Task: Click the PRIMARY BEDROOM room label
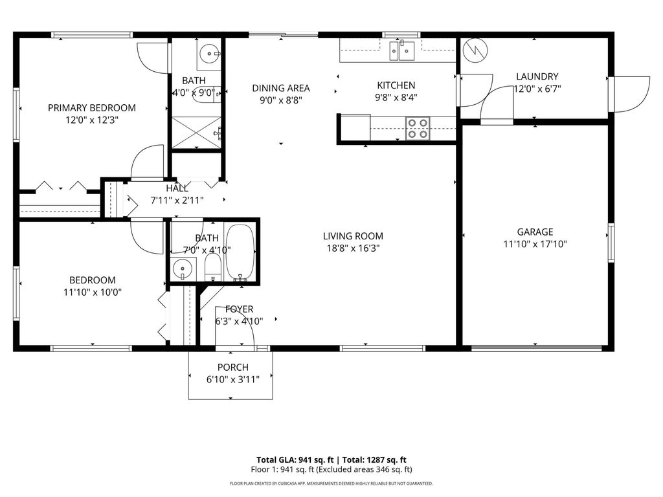point(91,107)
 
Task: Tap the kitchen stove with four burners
point(418,128)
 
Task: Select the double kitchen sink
point(401,50)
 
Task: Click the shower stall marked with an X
point(196,133)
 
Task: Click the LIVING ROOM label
point(353,236)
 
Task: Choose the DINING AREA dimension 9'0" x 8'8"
point(280,100)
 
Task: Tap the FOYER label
point(239,309)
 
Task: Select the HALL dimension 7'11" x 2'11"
point(177,200)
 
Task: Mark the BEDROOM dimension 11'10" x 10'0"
point(92,292)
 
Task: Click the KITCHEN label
point(396,85)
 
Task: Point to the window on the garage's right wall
point(609,243)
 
